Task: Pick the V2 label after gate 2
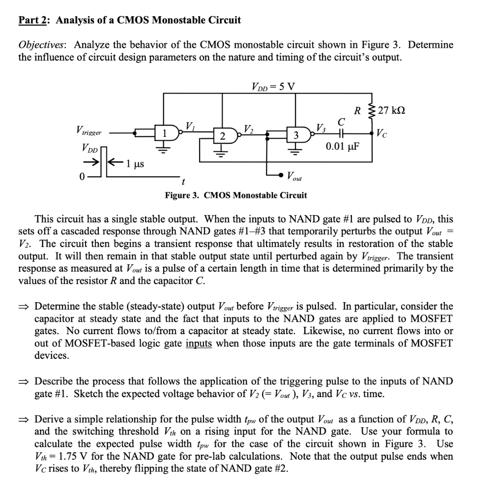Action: point(249,129)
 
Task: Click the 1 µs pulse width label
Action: point(135,162)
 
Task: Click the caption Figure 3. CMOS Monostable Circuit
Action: point(235,195)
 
